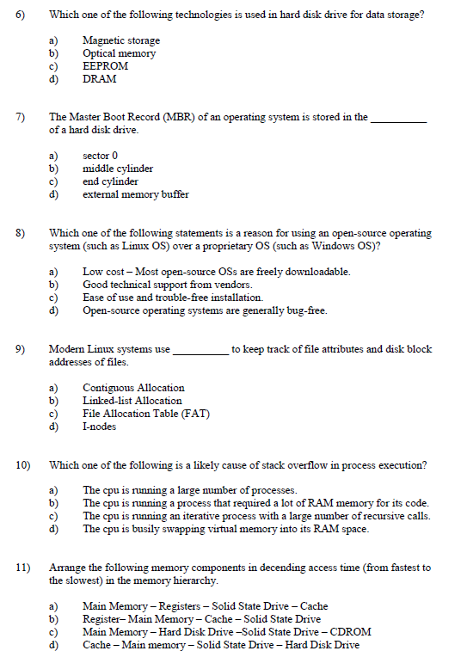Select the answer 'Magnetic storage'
click(x=120, y=40)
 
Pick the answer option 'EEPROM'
click(x=105, y=66)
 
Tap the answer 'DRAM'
click(x=99, y=79)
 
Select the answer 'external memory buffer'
click(x=135, y=194)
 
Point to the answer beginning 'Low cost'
click(x=216, y=272)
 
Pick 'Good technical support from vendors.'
click(x=167, y=285)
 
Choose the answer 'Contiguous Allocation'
click(x=132, y=388)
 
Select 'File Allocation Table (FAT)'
click(x=145, y=414)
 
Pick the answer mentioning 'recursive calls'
click(x=255, y=516)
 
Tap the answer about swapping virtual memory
click(x=225, y=529)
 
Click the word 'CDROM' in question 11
click(x=351, y=631)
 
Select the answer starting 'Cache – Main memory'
click(x=220, y=644)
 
